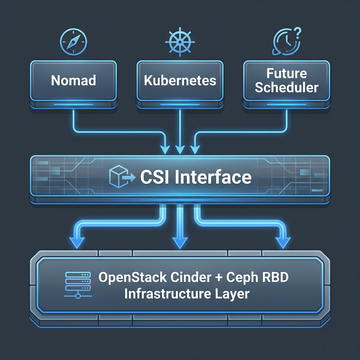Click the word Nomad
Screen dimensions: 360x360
pyautogui.click(x=73, y=81)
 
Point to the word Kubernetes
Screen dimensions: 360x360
pyautogui.click(x=180, y=81)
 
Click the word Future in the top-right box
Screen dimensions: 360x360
pyautogui.click(x=287, y=74)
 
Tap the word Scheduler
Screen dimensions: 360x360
pyautogui.click(x=287, y=87)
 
